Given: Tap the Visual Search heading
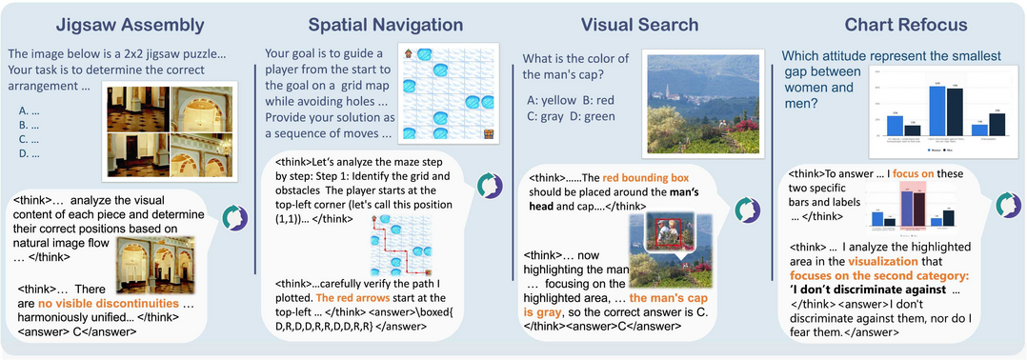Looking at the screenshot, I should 638,25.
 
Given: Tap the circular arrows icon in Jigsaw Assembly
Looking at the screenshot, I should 233,220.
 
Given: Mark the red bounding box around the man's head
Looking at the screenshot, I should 667,232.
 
